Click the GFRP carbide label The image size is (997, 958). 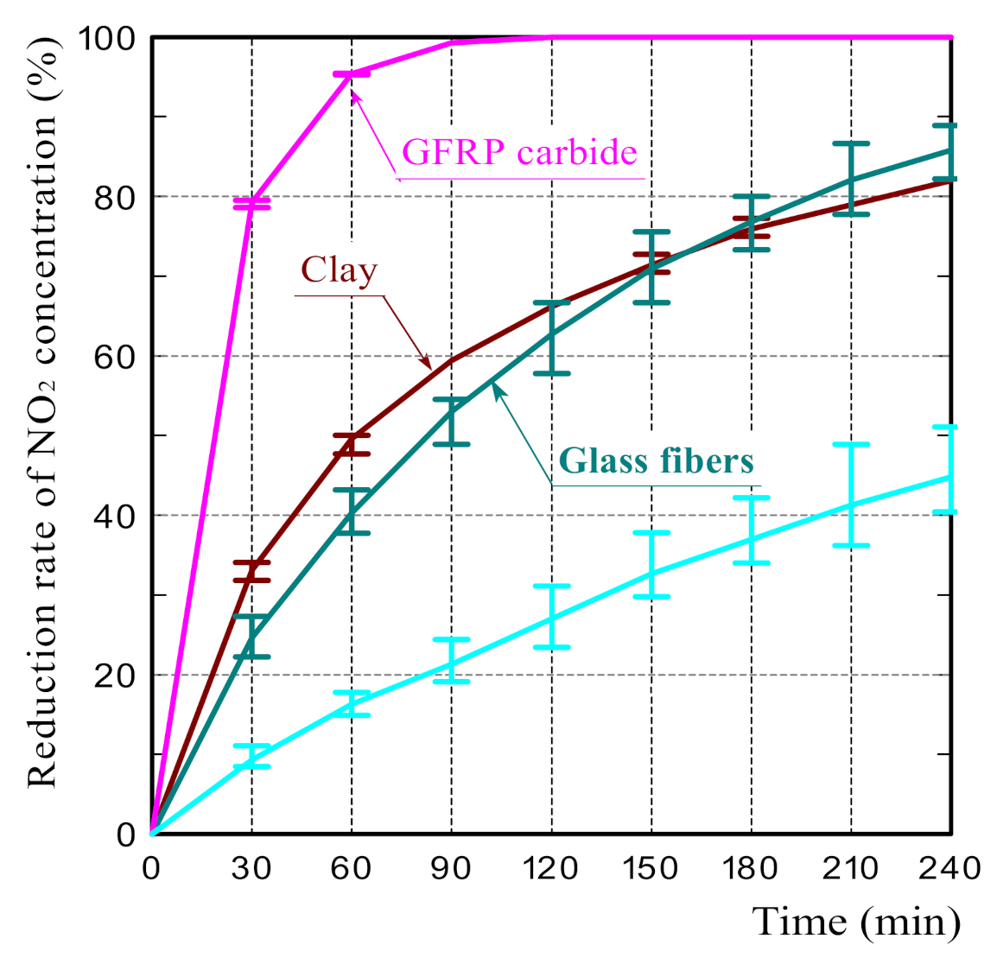coord(520,153)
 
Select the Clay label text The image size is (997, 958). coord(339,270)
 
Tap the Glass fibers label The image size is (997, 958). coord(657,460)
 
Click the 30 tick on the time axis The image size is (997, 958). coord(251,867)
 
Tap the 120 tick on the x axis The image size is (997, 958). coord(551,867)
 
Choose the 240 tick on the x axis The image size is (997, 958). coord(949,867)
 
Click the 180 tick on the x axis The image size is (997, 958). coord(751,867)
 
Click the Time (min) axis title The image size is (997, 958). coord(856,922)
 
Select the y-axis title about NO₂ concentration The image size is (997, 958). coord(43,415)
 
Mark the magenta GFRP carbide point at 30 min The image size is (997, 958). coord(251,203)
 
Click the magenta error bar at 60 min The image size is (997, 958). coord(352,74)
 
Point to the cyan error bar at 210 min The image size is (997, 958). coord(852,495)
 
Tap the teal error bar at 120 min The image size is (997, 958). coord(551,338)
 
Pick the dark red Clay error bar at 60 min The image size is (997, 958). coord(352,444)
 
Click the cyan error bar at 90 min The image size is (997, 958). coord(452,661)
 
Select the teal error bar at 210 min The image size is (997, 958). coord(852,178)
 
